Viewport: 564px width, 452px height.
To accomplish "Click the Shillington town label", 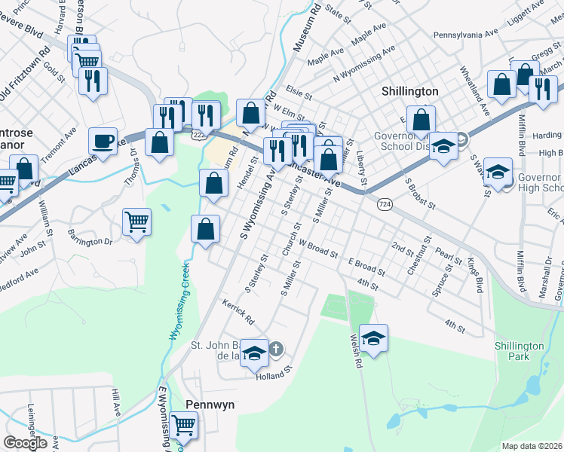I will (x=409, y=91).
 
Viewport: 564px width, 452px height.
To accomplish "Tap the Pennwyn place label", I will (x=210, y=405).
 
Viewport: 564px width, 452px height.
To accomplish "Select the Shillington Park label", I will (x=519, y=351).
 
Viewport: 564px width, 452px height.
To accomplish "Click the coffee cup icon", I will (x=103, y=140).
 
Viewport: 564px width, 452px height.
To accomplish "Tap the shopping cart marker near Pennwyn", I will (x=183, y=426).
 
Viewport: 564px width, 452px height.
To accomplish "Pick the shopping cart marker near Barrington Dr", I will (x=136, y=222).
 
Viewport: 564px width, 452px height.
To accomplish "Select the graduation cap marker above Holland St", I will (x=255, y=352).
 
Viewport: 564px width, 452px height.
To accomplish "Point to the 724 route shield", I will (x=385, y=204).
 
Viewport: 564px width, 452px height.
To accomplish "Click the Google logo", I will (x=26, y=443).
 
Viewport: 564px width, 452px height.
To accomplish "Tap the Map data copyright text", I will (x=532, y=446).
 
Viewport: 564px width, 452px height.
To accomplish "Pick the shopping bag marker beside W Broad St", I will (x=205, y=229).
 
